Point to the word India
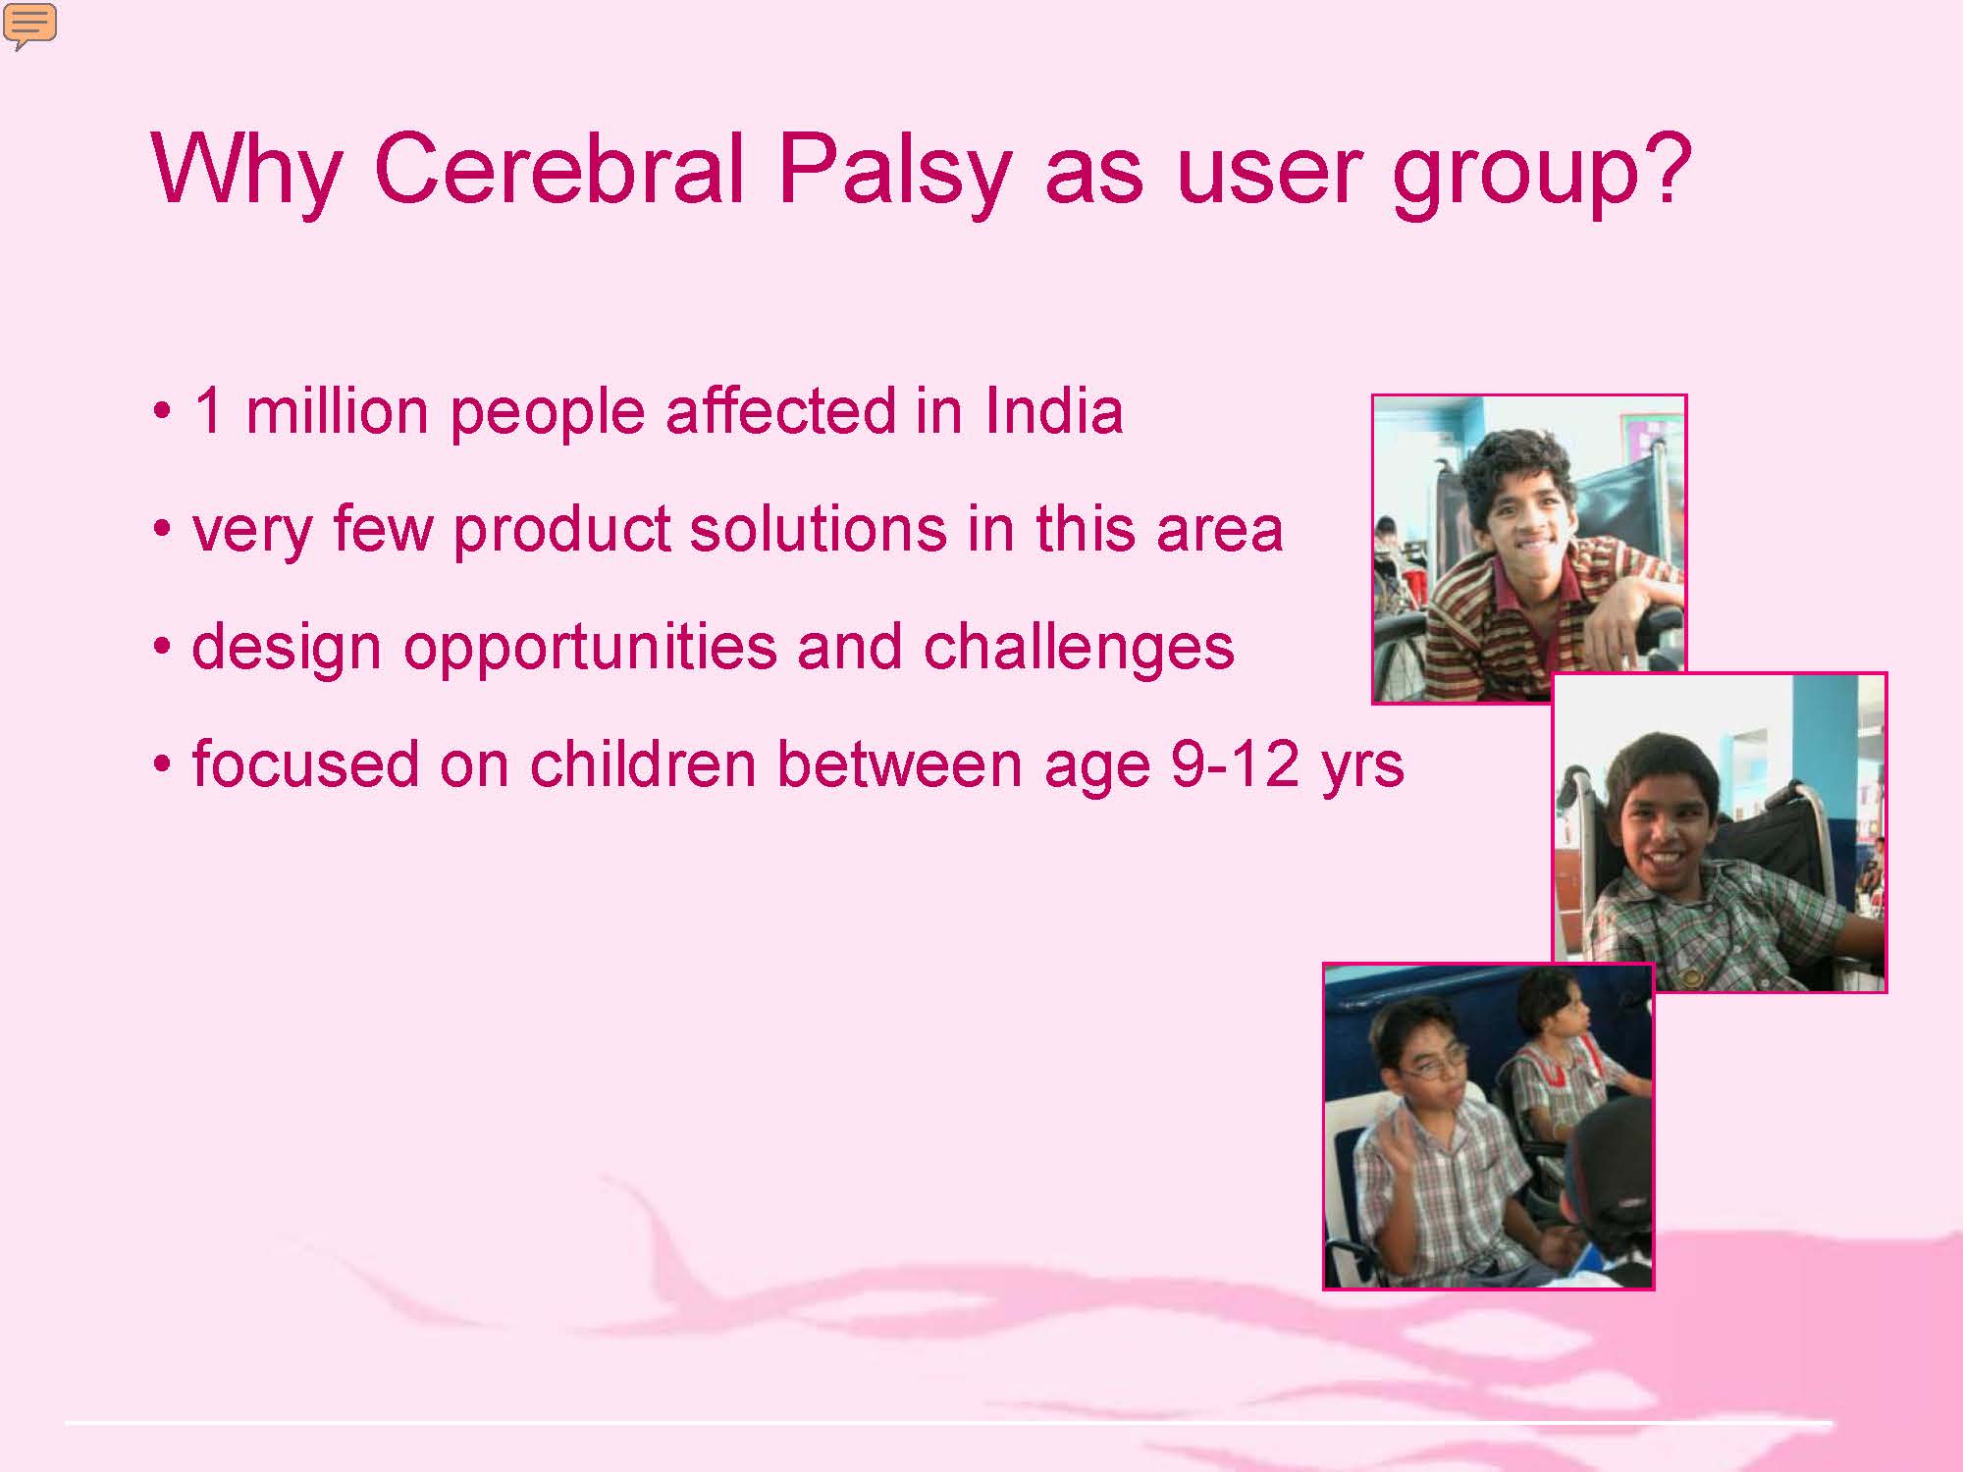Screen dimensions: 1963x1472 (x=1053, y=409)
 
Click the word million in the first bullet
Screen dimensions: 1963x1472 (x=337, y=409)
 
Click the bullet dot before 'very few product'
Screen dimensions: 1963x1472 (x=163, y=531)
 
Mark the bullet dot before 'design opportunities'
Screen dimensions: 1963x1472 (x=163, y=649)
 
